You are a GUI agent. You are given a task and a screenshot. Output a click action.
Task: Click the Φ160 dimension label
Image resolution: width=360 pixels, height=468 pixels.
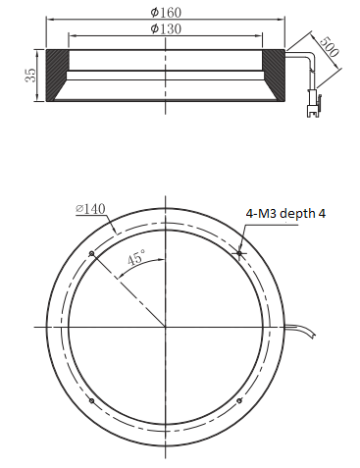click(166, 13)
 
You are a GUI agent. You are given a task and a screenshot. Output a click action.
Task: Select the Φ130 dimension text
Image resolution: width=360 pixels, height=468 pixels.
click(166, 28)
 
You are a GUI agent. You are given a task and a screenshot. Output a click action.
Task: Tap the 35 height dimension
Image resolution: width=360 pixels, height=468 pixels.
click(30, 75)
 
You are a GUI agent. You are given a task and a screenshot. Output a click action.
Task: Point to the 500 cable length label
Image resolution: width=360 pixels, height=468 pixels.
click(329, 47)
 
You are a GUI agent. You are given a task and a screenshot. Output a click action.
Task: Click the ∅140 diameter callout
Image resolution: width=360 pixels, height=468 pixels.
click(90, 208)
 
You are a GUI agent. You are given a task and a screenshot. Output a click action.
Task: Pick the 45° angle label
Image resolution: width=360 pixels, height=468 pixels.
click(136, 257)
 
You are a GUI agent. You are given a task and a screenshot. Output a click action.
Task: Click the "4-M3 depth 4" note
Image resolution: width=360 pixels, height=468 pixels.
click(285, 214)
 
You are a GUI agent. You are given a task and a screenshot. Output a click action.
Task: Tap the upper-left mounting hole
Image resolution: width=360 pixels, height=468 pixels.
click(92, 254)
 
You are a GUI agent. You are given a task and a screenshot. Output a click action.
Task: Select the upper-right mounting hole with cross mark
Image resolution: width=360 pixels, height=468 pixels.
click(239, 253)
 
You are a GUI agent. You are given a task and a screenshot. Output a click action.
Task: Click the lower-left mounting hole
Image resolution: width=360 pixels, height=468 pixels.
click(92, 400)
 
